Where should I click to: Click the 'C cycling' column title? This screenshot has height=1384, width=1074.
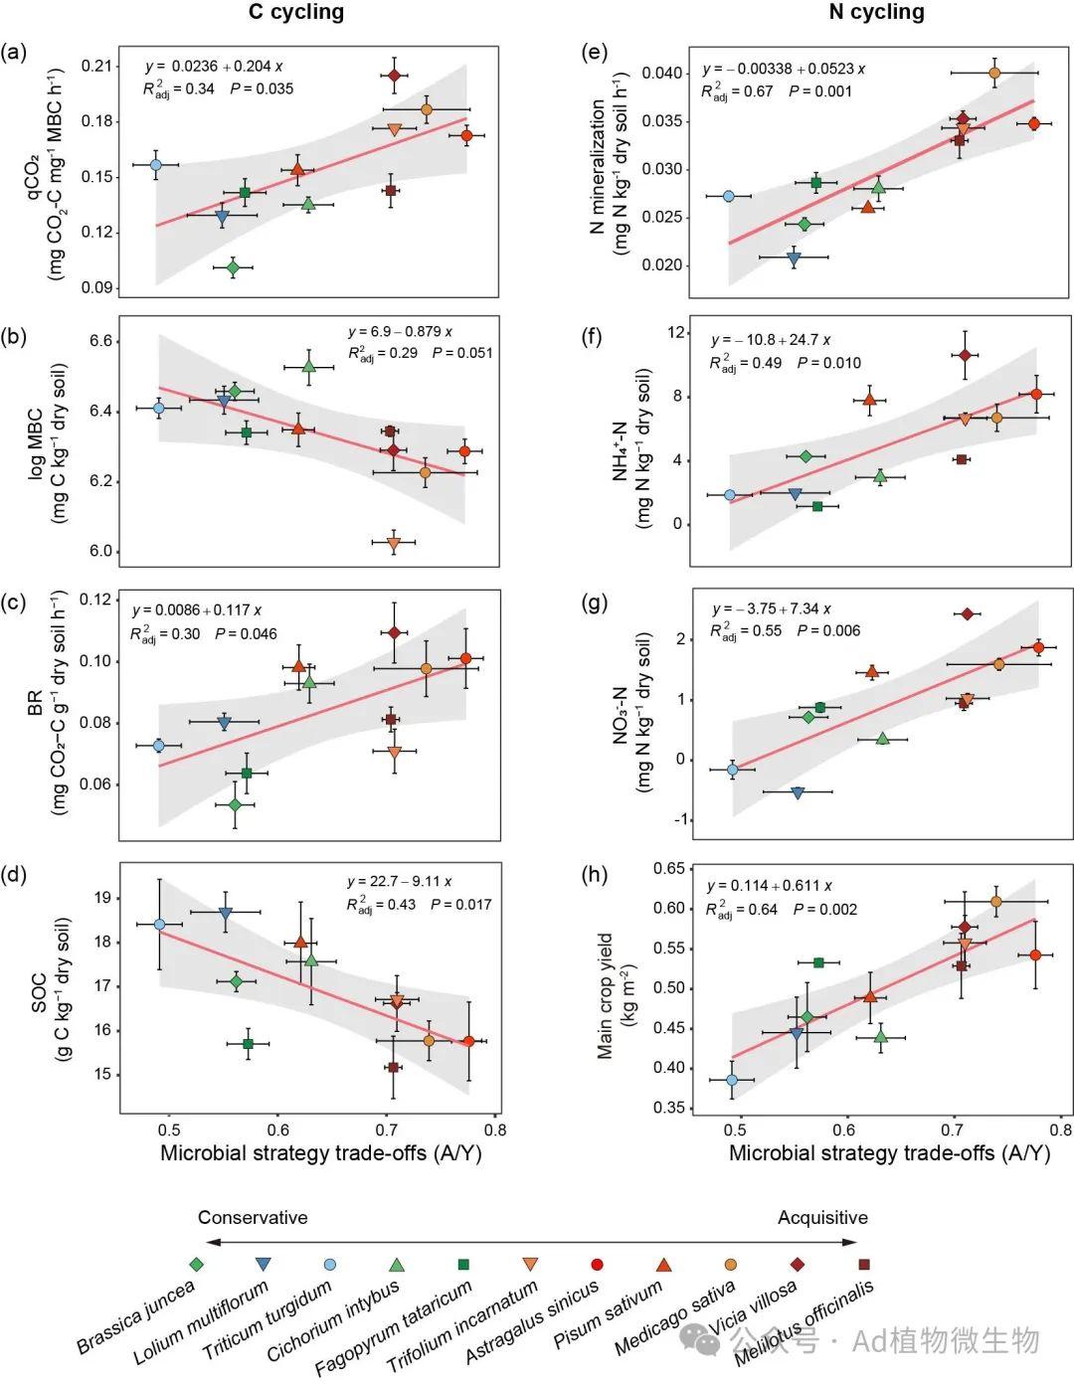click(295, 13)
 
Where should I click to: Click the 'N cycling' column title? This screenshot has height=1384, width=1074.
click(876, 13)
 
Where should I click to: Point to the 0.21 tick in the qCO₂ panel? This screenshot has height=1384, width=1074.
click(96, 67)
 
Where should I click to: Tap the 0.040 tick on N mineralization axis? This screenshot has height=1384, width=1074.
click(662, 74)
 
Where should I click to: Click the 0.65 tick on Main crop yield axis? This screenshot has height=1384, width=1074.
click(669, 869)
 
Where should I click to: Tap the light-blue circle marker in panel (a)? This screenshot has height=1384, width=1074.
click(156, 165)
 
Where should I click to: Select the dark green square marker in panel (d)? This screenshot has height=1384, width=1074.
click(248, 1043)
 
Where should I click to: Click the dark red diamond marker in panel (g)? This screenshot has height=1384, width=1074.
click(967, 613)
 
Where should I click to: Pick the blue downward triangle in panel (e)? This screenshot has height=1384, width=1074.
click(794, 258)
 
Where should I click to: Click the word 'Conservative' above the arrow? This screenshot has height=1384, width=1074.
click(253, 1218)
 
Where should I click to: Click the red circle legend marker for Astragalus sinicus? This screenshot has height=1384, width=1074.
click(597, 1265)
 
